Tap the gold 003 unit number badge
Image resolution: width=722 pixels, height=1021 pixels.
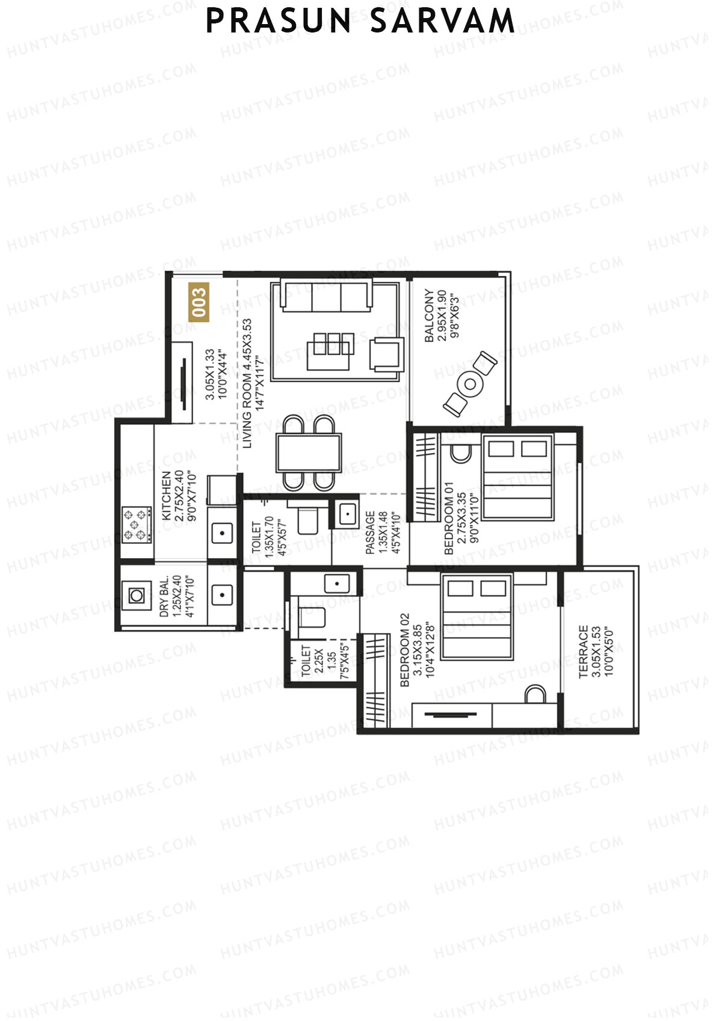[199, 302]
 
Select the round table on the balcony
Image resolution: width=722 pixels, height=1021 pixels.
[470, 383]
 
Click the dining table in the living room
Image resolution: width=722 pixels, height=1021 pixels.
[309, 452]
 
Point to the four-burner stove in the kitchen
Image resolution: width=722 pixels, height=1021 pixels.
[137, 525]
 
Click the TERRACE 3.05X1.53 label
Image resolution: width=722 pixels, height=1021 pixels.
[596, 652]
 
